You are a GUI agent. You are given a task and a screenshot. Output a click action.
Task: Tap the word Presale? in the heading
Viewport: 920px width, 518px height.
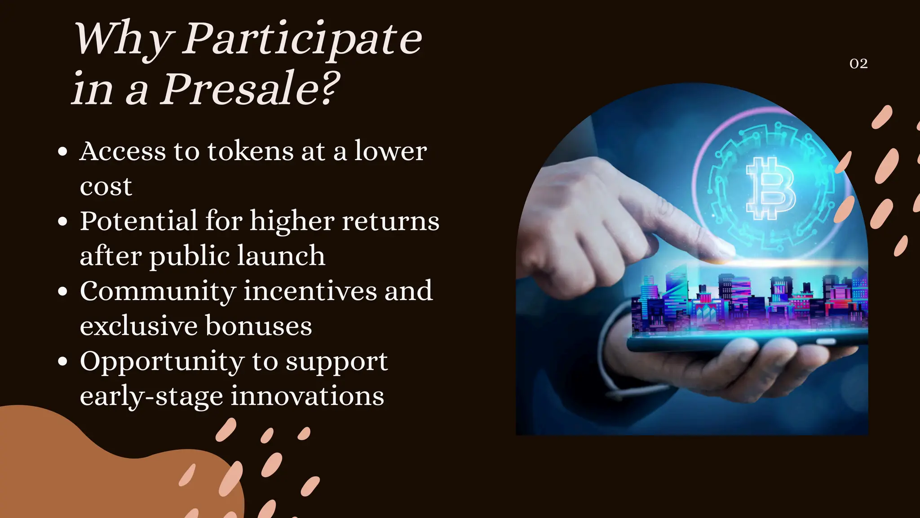tap(250, 89)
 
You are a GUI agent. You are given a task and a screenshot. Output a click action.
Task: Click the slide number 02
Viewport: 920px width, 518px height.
tap(858, 64)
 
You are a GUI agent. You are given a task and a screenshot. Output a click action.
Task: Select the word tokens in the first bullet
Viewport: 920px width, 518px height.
tap(250, 151)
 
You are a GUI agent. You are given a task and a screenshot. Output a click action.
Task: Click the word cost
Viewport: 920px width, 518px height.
tap(106, 187)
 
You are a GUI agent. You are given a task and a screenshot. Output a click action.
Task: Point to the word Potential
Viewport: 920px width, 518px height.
tap(138, 221)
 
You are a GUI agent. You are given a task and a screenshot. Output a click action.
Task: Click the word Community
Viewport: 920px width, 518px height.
tap(158, 291)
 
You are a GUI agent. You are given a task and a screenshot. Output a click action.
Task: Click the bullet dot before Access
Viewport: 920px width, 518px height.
tap(63, 152)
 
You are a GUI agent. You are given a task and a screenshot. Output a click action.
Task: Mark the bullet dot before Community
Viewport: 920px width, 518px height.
tap(63, 291)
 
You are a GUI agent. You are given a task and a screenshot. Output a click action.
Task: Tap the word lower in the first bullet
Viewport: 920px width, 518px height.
tap(390, 151)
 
